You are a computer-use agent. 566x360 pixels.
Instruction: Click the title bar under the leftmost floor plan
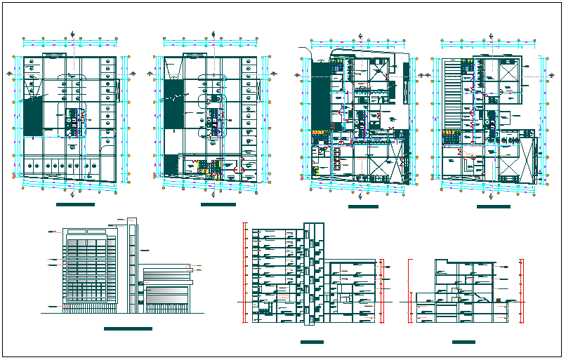click(x=75, y=204)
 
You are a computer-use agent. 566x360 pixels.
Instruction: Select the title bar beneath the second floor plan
click(x=218, y=204)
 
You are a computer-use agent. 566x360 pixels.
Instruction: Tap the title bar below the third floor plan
click(x=363, y=206)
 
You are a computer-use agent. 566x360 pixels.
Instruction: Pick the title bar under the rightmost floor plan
click(x=493, y=206)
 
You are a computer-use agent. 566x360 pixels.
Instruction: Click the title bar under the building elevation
click(x=127, y=328)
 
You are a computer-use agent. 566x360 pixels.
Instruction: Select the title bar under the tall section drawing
click(x=311, y=342)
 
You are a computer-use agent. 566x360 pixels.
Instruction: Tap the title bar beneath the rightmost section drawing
click(x=463, y=342)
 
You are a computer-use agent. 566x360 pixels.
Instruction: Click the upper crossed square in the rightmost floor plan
click(x=507, y=72)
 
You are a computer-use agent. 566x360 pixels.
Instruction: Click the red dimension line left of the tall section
click(x=244, y=274)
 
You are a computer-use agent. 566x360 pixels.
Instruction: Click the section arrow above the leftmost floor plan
click(x=74, y=33)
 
